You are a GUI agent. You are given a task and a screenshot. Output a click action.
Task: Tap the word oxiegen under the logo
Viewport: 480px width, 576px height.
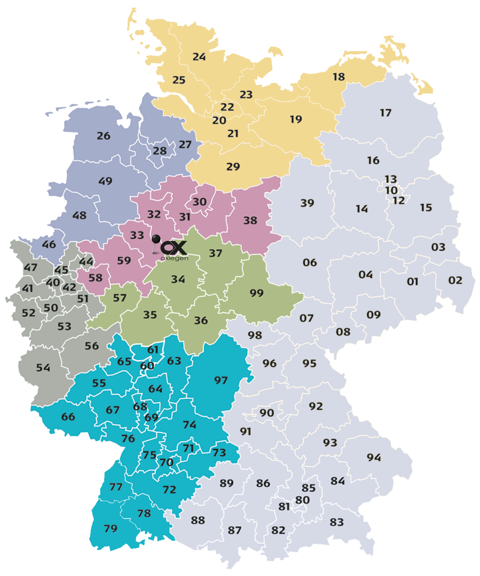(x=174, y=258)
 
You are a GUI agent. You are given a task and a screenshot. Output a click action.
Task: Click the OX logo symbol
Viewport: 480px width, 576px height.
(x=175, y=248)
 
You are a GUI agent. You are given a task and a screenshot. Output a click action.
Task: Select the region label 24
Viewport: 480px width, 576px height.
(x=199, y=56)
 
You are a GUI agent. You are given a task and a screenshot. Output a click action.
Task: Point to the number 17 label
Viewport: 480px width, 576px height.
(x=386, y=113)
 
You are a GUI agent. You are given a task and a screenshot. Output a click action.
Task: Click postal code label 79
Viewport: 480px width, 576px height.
(x=110, y=528)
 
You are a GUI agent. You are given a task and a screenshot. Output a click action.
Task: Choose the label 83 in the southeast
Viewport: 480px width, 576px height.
(x=336, y=522)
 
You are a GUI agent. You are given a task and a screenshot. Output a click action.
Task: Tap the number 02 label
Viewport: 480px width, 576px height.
(x=455, y=280)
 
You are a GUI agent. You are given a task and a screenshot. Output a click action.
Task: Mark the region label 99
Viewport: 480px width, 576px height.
(x=256, y=293)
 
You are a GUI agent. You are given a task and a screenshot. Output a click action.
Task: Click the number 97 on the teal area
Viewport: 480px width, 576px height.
(x=221, y=380)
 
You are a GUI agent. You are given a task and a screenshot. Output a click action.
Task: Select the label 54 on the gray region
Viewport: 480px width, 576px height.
(x=43, y=367)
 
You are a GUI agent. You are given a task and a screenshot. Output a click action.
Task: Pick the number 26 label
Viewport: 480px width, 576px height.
(x=104, y=136)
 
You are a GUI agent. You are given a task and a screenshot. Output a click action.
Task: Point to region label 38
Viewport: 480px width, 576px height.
(x=250, y=220)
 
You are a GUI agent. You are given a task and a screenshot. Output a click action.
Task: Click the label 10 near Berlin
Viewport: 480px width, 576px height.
(x=392, y=190)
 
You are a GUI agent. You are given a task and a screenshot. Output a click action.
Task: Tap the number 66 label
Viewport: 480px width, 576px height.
(x=68, y=417)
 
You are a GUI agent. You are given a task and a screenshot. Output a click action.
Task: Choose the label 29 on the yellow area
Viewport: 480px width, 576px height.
(x=233, y=166)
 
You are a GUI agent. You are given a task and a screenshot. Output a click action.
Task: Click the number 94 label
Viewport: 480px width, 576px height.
(x=374, y=457)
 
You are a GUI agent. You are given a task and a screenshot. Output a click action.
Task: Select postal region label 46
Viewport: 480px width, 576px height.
(x=49, y=244)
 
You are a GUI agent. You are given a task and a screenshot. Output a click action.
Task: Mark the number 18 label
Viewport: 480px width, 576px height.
(x=339, y=77)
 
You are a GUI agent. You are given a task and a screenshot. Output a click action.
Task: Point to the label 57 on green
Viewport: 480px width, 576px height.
(x=120, y=298)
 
